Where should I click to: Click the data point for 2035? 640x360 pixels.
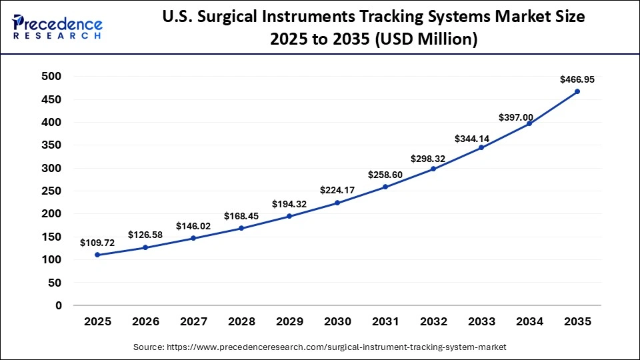coord(577,91)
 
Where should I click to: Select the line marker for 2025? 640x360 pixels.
coord(97,255)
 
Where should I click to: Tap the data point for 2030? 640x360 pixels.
coord(337,203)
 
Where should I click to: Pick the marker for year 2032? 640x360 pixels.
coord(433,169)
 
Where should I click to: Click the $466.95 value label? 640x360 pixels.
coord(577,79)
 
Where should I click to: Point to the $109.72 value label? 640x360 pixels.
coord(97,243)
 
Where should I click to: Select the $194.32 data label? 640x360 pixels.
coord(289,204)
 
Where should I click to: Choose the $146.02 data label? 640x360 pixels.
coord(193,226)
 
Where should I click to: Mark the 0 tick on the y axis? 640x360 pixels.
coord(59,306)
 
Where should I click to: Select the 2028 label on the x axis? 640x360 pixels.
coord(241,322)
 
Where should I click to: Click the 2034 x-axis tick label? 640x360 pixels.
coord(529,322)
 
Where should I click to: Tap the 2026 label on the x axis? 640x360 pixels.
coord(145,322)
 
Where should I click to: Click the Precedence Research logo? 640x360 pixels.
coord(57,27)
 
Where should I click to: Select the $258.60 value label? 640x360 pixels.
coord(385,175)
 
